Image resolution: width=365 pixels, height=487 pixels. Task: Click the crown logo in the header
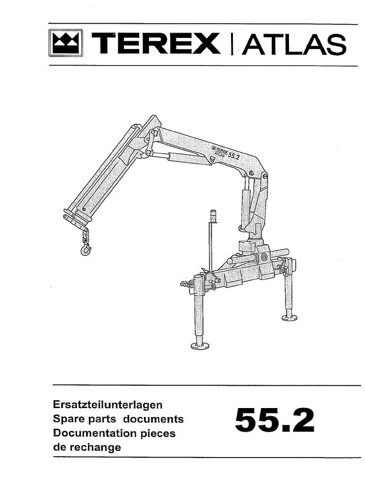click(x=66, y=43)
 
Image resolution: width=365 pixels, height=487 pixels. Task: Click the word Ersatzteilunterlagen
click(x=108, y=405)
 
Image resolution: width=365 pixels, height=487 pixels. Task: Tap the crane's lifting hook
click(x=86, y=249)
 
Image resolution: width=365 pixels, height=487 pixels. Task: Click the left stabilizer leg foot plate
click(x=200, y=346)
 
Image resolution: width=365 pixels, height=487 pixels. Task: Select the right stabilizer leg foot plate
click(x=289, y=317)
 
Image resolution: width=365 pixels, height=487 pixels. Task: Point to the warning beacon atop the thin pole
click(x=212, y=216)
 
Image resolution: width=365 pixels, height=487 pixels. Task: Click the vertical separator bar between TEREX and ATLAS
click(x=232, y=44)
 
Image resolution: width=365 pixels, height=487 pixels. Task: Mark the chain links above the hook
click(x=85, y=235)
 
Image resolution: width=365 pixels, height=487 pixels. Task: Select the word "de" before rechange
click(x=60, y=448)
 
